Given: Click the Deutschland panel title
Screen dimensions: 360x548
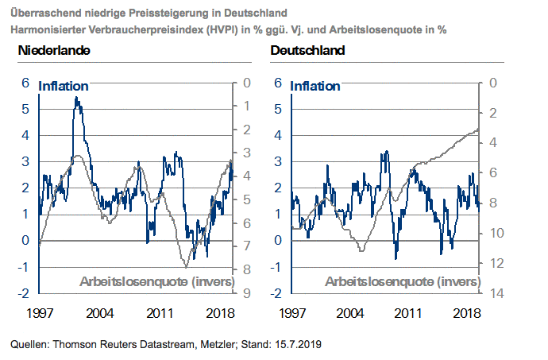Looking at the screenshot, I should point(307,51).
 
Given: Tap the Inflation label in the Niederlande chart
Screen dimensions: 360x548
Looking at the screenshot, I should point(64,86).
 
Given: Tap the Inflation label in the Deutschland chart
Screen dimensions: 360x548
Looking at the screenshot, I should point(316,86).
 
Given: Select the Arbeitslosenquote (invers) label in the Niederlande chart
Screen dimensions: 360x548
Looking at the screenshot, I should point(156,281).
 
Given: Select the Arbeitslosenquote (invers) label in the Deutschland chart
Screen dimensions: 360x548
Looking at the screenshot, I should point(403,281).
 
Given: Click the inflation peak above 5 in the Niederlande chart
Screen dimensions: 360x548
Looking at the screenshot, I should point(76,98).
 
